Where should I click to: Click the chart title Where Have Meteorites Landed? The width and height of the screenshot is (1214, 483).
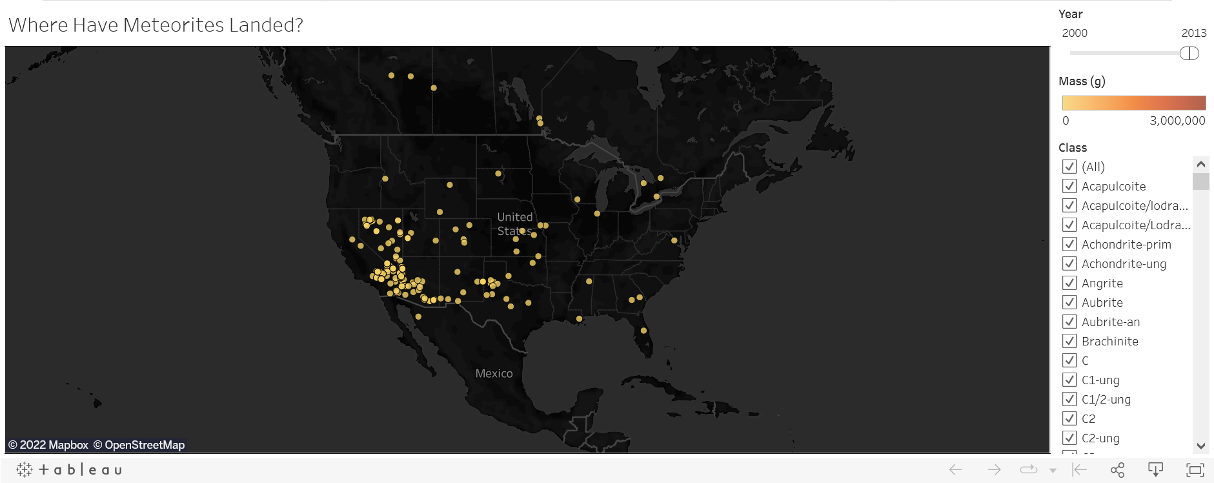coord(156,25)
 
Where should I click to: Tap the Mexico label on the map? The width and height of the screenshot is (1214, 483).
coord(494,373)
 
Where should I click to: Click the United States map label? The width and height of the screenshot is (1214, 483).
coord(514,223)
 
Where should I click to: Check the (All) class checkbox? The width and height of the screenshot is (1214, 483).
coord(1069,167)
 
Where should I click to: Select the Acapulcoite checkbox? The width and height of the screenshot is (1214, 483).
coord(1069,186)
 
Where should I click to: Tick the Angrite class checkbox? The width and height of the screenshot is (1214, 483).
coord(1069,283)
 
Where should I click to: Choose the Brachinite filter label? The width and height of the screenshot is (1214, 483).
coord(1109,341)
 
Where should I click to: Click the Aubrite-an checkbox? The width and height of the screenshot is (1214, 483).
coord(1069,322)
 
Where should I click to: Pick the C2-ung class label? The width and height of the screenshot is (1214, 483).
coord(1100,438)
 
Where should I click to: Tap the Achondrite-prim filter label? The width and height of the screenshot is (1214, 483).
coord(1126,244)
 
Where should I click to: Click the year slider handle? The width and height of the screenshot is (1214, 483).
coord(1189,54)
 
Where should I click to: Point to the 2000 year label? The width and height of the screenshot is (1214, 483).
coord(1075,33)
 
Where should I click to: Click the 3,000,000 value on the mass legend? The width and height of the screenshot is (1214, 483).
coord(1177,121)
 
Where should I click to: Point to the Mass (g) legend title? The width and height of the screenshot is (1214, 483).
coord(1082,81)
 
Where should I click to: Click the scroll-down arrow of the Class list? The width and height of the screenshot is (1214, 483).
coord(1200,446)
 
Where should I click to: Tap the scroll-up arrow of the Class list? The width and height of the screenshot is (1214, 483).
coord(1200,164)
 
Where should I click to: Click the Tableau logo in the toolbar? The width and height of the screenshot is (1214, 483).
coord(69,469)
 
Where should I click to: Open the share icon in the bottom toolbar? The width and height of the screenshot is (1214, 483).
coord(1117,469)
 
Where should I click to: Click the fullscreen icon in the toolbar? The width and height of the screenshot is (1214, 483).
coord(1195,469)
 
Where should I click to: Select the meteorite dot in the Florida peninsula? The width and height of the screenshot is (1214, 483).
coord(643,331)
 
